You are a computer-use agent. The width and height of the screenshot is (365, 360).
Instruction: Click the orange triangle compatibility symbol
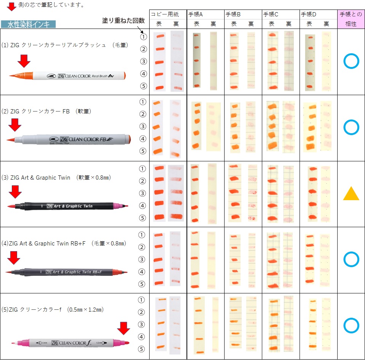[x=351, y=194]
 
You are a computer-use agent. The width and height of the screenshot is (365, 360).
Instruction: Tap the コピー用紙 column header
[x=167, y=14]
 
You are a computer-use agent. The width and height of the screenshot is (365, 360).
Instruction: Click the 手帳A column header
[x=196, y=14]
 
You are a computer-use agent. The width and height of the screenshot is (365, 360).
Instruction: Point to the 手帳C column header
[x=271, y=14]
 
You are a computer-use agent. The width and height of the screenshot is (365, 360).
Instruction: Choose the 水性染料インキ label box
[x=28, y=24]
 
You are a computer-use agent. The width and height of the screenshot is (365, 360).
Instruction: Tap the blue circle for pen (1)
[x=351, y=62]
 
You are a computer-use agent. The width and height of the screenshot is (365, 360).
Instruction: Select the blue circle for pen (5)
[x=351, y=326]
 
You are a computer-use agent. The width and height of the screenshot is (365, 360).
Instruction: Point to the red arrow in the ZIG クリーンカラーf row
[x=123, y=328]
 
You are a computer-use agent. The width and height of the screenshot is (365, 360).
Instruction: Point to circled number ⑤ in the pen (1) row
[x=143, y=86]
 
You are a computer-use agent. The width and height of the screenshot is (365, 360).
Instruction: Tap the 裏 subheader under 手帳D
[x=327, y=24]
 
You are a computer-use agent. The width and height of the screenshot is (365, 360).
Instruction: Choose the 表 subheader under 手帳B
[x=234, y=24]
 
